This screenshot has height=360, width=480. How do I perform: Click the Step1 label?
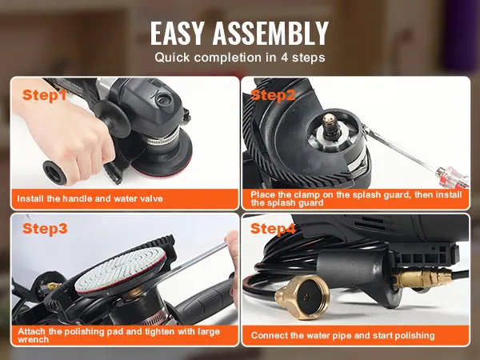tap(44, 95)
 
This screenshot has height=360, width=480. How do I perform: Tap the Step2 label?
tap(273, 95)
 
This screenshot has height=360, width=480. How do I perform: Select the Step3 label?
tap(45, 229)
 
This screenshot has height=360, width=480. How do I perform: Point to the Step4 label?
tap(273, 229)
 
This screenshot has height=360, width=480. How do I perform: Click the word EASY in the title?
tap(177, 34)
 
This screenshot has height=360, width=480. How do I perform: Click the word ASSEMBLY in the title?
tap(270, 34)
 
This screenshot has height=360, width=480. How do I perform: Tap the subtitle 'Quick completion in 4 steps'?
tap(240, 58)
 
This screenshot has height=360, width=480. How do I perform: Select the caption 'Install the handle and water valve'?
tap(90, 198)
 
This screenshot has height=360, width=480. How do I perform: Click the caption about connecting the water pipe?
tap(342, 335)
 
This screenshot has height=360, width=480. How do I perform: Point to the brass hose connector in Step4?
tap(302, 296)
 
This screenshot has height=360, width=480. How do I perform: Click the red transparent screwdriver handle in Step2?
tap(453, 178)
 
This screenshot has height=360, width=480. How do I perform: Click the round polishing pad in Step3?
tap(121, 270)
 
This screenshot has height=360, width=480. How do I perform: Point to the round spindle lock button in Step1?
tap(164, 100)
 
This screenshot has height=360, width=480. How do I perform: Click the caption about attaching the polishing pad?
tap(118, 335)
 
